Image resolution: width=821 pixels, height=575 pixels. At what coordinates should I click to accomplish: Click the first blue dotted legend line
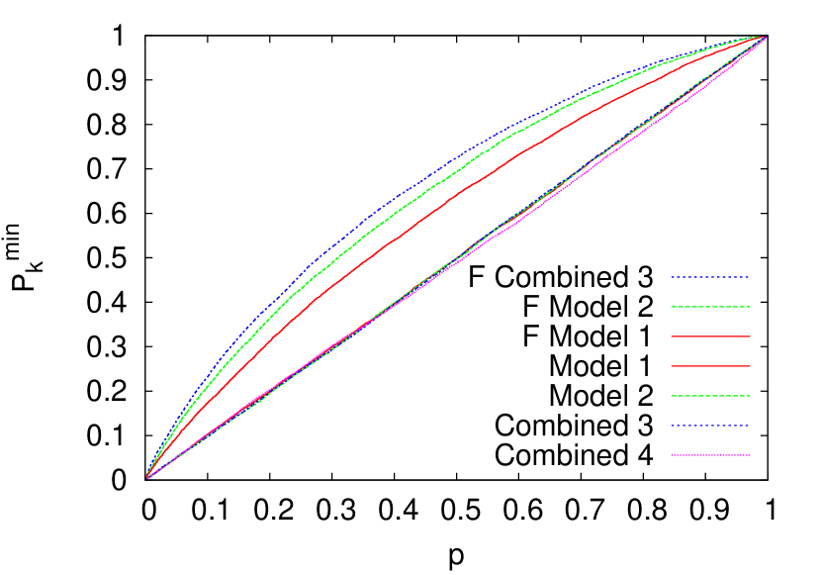tap(709, 277)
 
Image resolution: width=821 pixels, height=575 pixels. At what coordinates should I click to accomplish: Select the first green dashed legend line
tap(709, 307)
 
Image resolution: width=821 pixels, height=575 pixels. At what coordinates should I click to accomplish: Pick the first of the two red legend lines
tap(709, 336)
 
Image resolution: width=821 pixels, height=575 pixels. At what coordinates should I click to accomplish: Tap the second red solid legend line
tap(709, 366)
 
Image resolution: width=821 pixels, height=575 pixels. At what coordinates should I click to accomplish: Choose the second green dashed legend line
tap(709, 396)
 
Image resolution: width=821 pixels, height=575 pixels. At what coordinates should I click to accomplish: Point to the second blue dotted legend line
tap(709, 426)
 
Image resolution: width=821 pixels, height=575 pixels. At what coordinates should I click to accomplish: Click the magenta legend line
tap(709, 455)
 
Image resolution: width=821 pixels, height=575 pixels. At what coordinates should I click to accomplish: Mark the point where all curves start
tap(147, 478)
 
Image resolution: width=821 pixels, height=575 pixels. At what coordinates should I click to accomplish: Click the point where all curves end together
tap(765, 38)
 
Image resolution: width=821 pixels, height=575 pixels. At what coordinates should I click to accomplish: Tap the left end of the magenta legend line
tap(672, 455)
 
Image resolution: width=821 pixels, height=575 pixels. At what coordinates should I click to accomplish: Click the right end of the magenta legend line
tap(749, 455)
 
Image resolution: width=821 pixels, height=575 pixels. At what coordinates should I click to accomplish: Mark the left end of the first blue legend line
tap(672, 277)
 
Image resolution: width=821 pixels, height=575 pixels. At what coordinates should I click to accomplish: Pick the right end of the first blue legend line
tap(749, 277)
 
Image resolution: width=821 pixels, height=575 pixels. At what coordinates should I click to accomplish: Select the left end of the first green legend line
tap(672, 307)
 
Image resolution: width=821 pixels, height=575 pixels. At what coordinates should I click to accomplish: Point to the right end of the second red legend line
tap(749, 366)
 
